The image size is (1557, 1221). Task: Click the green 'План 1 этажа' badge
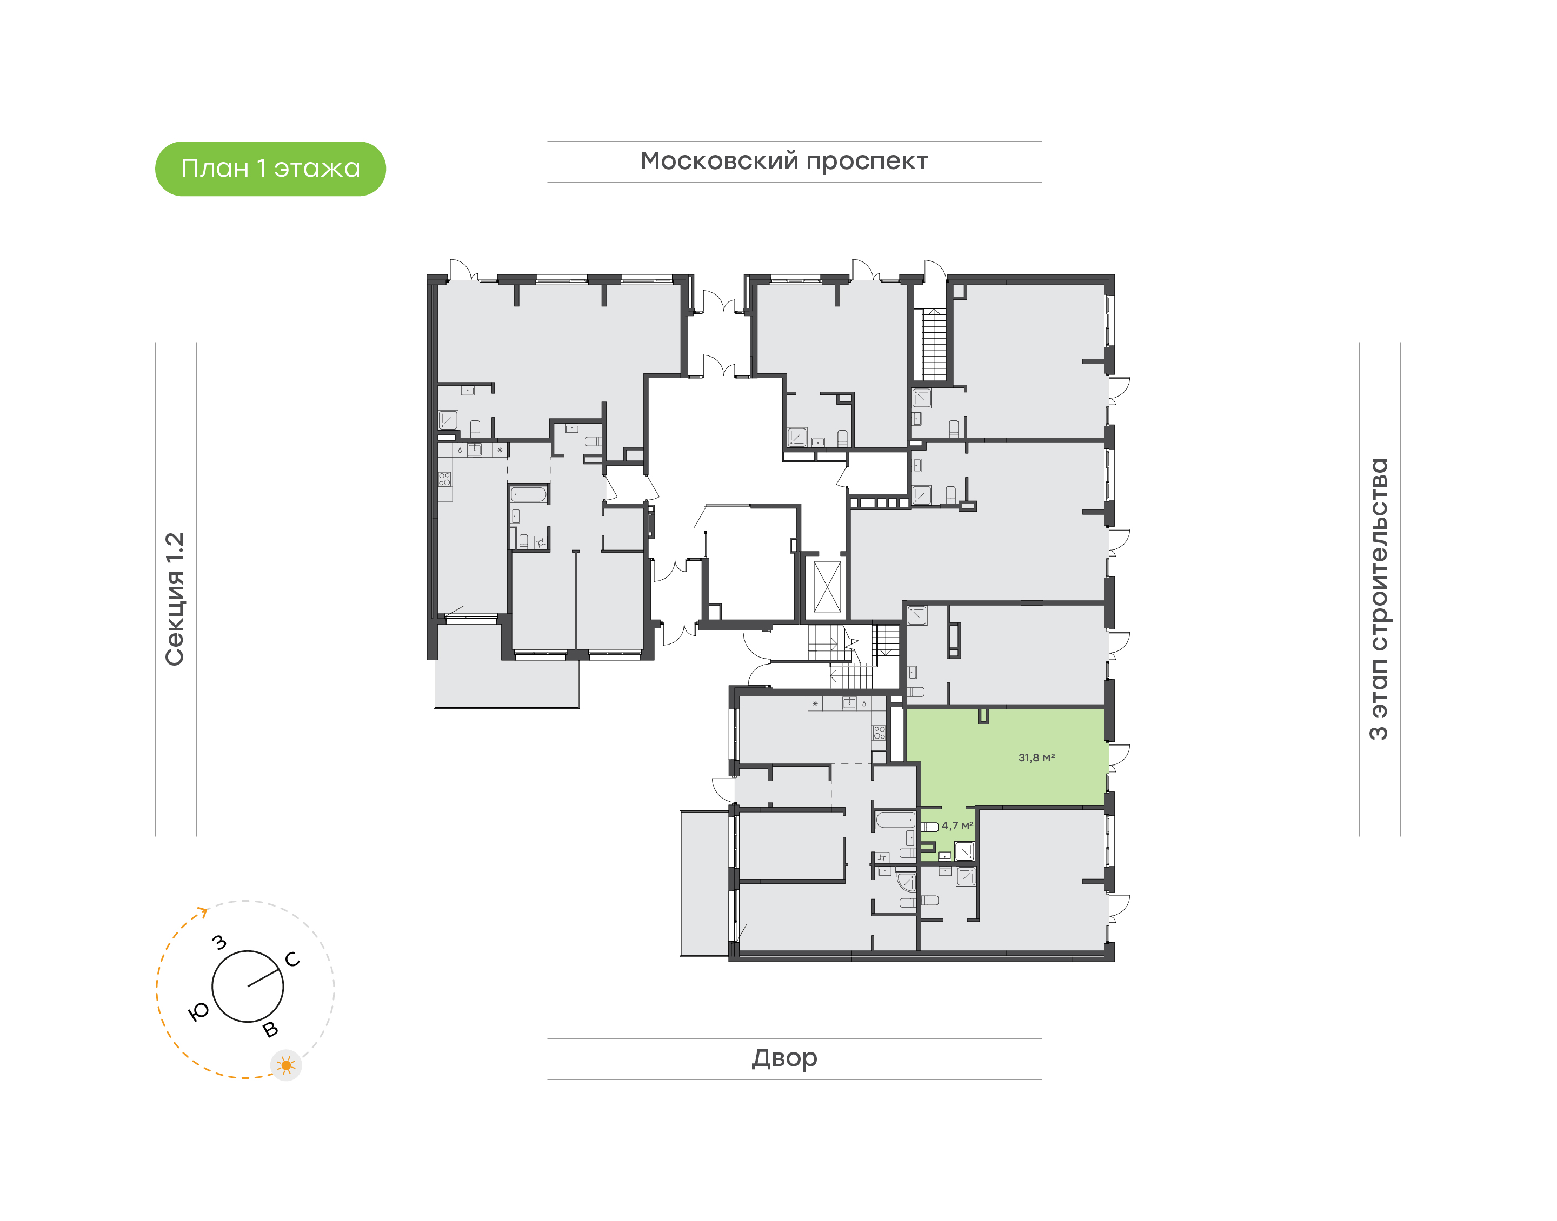pyautogui.click(x=270, y=169)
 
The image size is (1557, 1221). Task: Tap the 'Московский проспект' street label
pyautogui.click(x=784, y=162)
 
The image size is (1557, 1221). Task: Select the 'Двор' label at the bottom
pyautogui.click(x=784, y=1058)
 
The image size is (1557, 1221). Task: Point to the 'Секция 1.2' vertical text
pyautogui.click(x=175, y=599)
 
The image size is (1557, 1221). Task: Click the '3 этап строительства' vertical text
pyautogui.click(x=1378, y=599)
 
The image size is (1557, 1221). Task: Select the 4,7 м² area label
pyautogui.click(x=957, y=826)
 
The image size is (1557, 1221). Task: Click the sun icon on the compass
pyautogui.click(x=286, y=1065)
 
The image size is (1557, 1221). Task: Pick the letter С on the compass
pyautogui.click(x=292, y=960)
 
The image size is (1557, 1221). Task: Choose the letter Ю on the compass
pyautogui.click(x=198, y=1011)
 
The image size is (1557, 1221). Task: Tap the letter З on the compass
pyautogui.click(x=219, y=942)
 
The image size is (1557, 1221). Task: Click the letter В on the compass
pyautogui.click(x=270, y=1029)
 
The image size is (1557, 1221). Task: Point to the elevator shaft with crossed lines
pyautogui.click(x=828, y=587)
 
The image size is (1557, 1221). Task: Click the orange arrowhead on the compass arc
pyautogui.click(x=203, y=911)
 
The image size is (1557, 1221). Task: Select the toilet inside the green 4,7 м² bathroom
pyautogui.click(x=929, y=827)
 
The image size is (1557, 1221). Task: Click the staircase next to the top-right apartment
pyautogui.click(x=933, y=345)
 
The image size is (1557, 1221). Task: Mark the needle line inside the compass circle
pyautogui.click(x=263, y=978)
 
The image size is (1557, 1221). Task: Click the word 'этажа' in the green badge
pyautogui.click(x=317, y=169)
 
